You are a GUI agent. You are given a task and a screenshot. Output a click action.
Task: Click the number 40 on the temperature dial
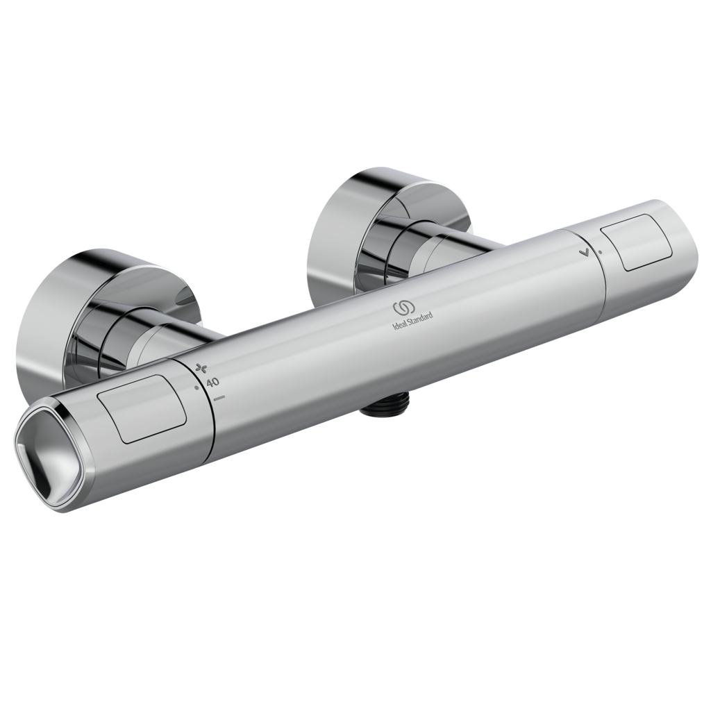[212, 381]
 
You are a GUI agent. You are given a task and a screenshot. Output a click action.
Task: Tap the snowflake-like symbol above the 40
[202, 367]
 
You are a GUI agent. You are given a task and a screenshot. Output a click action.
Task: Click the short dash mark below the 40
[220, 398]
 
